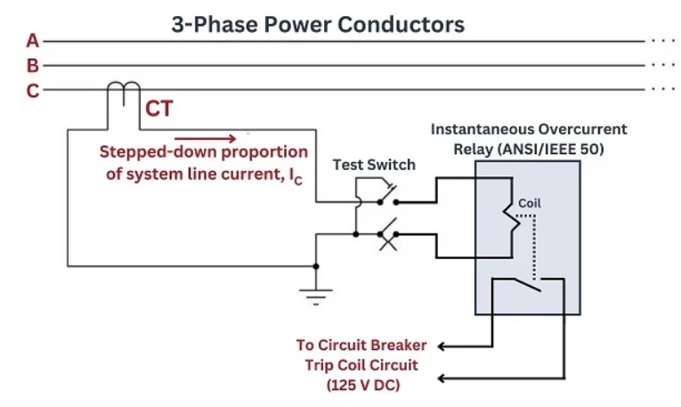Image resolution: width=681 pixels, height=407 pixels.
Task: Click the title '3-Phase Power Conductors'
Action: coord(318,24)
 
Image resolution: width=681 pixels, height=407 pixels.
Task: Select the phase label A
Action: coord(33,41)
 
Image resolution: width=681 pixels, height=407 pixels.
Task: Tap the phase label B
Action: coord(33,66)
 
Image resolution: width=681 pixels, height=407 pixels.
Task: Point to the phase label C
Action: coord(33,90)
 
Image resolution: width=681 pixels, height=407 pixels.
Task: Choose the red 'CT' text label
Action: coord(159,110)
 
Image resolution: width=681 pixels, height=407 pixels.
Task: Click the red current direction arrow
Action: coord(206,138)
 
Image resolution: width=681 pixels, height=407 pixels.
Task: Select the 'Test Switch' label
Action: coord(374,165)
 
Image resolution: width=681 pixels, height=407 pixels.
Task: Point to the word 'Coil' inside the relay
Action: coord(530,203)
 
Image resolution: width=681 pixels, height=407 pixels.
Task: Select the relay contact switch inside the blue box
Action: coord(530,285)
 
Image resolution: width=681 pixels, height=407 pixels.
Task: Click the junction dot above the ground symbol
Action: coord(317,265)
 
